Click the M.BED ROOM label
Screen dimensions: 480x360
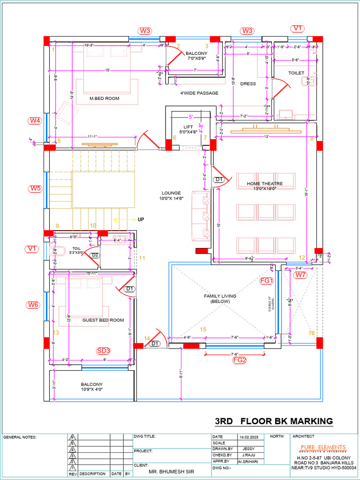click(105, 98)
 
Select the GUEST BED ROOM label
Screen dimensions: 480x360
click(103, 320)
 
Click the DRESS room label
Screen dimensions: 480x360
click(248, 84)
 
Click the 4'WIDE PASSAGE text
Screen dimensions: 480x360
click(199, 93)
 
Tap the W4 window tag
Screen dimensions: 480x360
click(35, 120)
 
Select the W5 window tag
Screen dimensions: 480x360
click(35, 188)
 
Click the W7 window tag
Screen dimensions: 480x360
click(300, 275)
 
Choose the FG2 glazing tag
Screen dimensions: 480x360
click(240, 360)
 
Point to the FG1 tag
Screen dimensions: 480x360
click(266, 280)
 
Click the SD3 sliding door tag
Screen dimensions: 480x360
click(103, 351)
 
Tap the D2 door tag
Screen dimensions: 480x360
click(95, 255)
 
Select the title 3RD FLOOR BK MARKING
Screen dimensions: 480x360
click(274, 421)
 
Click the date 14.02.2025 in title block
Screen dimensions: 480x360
click(249, 437)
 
